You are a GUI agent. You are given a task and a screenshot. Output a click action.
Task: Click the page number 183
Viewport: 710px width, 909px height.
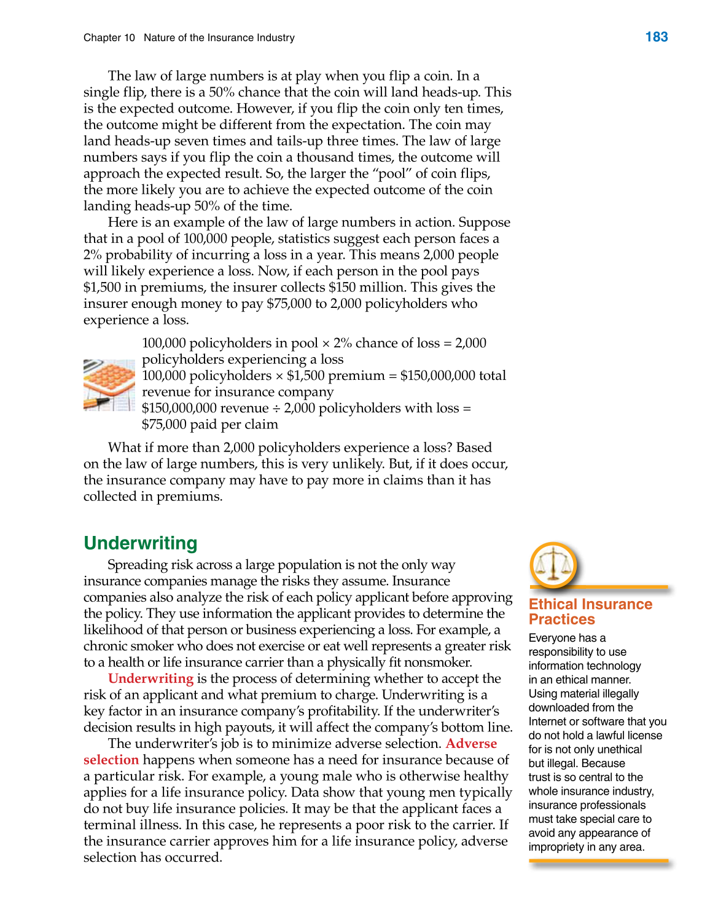pyautogui.click(x=656, y=37)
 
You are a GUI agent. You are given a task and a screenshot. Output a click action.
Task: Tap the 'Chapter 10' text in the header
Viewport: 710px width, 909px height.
pyautogui.click(x=109, y=38)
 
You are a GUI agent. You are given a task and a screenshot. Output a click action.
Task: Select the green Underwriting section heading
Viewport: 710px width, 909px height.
pyautogui.click(x=141, y=543)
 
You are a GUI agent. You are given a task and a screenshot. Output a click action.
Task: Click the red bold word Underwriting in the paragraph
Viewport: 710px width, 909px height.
pyautogui.click(x=150, y=679)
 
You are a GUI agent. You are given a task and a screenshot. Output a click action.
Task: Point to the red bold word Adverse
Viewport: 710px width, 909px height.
pyautogui.click(x=471, y=744)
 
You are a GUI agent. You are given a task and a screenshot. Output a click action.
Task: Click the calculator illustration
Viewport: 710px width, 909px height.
pyautogui.click(x=109, y=385)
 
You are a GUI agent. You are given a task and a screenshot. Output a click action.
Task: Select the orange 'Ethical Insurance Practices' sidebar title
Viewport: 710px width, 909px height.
pyautogui.click(x=590, y=612)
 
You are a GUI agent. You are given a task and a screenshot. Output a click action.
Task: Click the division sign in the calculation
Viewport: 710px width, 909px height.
pyautogui.click(x=276, y=409)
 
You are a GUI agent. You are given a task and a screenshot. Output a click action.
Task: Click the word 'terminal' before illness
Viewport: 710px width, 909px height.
pyautogui.click(x=108, y=825)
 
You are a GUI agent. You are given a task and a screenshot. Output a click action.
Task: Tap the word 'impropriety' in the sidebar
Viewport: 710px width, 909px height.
pyautogui.click(x=556, y=847)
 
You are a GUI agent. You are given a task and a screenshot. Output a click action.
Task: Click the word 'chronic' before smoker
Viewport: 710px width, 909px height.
pyautogui.click(x=104, y=647)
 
